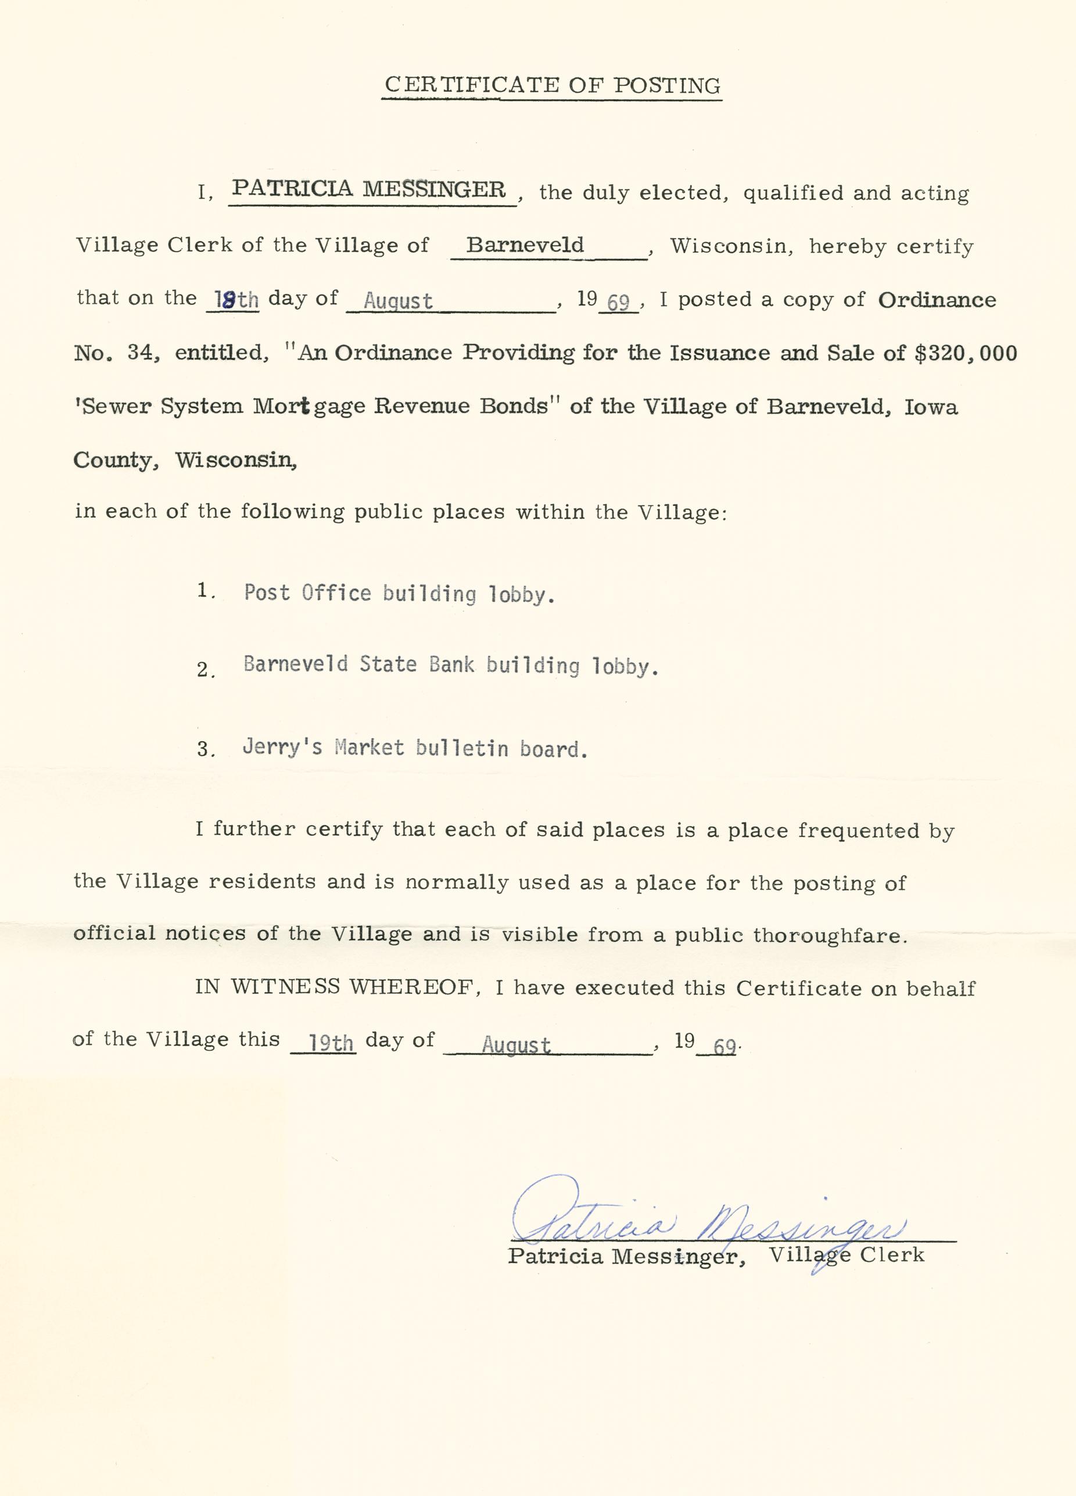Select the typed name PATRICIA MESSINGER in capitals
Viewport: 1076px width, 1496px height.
[x=370, y=189]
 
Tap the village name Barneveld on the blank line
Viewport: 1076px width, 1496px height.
[x=525, y=245]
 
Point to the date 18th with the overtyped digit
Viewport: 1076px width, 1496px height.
[x=233, y=300]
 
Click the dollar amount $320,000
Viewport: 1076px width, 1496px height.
[x=965, y=353]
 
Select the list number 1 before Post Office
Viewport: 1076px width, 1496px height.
[x=204, y=590]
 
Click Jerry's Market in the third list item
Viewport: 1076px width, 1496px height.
[x=322, y=747]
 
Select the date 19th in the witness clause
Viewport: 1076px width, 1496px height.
[x=331, y=1043]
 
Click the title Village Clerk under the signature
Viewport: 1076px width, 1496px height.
[x=847, y=1254]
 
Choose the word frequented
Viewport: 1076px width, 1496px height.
[x=858, y=830]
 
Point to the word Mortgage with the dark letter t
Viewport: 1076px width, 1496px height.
[x=310, y=406]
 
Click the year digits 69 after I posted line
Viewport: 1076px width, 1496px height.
[x=618, y=303]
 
